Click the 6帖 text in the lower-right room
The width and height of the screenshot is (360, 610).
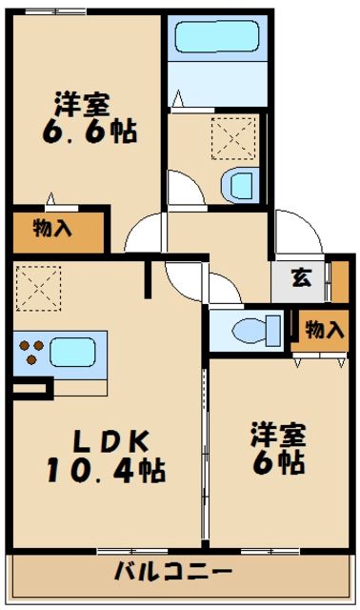pos(277,462)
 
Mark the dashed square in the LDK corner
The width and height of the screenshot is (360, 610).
pos(37,285)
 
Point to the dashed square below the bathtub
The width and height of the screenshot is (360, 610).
pos(233,139)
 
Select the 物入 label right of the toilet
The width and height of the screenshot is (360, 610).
pos(324,330)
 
